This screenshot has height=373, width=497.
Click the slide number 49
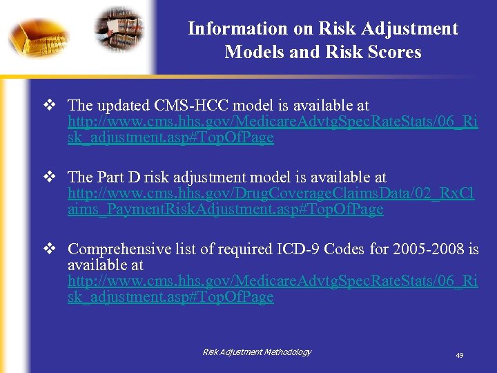[x=459, y=355]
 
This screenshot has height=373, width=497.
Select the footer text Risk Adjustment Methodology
[x=257, y=352]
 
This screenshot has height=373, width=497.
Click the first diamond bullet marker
[x=49, y=106]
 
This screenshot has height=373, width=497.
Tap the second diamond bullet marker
[x=49, y=178]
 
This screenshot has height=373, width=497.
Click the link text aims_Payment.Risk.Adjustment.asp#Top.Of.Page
[x=225, y=209]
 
